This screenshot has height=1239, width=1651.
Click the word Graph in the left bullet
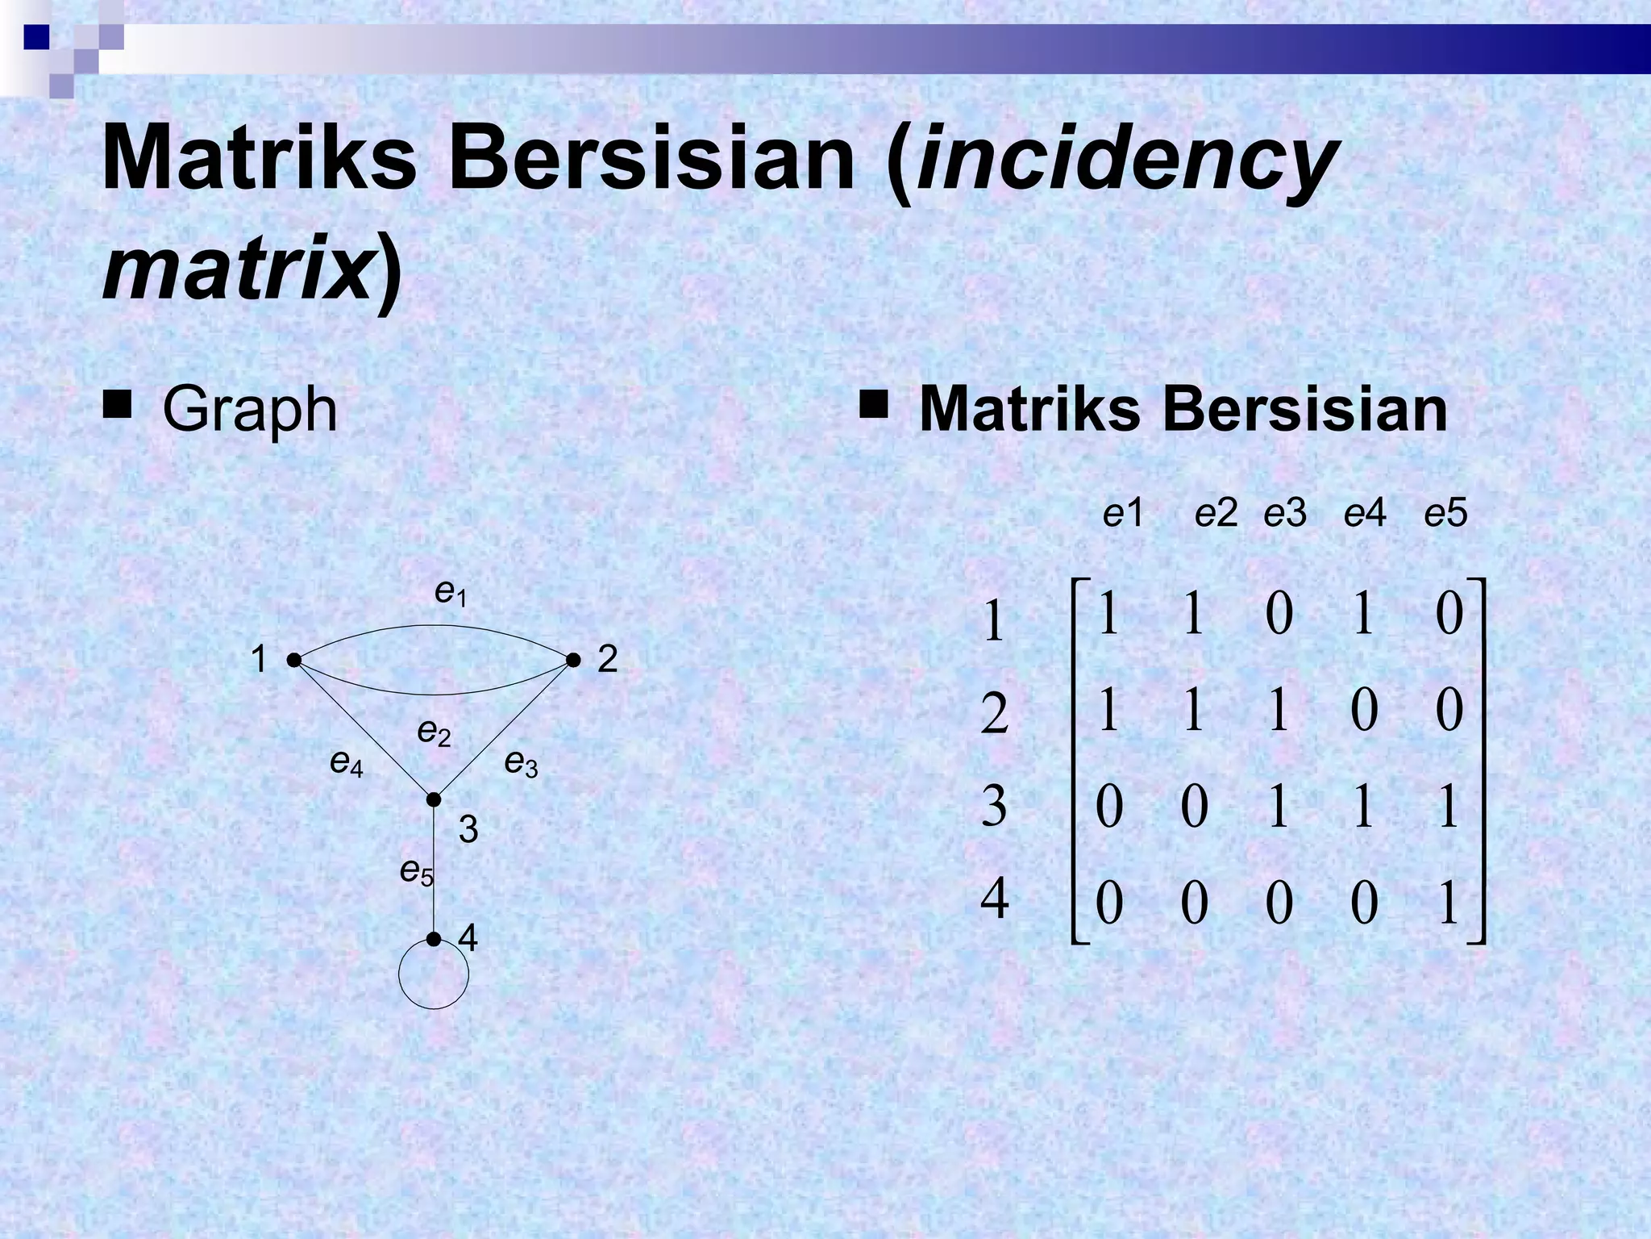pos(249,410)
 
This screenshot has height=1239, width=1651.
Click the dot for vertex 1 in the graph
pos(294,660)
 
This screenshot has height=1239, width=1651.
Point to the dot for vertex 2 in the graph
pos(573,660)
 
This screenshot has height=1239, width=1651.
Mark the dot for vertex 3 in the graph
pos(434,799)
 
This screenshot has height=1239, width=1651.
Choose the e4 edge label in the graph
pos(347,762)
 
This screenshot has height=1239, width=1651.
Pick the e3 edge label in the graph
pos(521,762)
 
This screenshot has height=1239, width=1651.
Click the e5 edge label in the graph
pos(417,871)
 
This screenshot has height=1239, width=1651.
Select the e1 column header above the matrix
pos(1123,514)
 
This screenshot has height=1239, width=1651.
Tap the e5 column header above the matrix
pos(1445,514)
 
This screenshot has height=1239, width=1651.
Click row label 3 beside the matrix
pos(994,806)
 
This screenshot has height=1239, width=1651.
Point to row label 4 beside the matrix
pos(994,899)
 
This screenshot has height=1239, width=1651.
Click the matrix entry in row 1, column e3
pos(1279,615)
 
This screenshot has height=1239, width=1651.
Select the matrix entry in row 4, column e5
pos(1449,903)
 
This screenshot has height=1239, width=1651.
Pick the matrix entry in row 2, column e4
pos(1364,711)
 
